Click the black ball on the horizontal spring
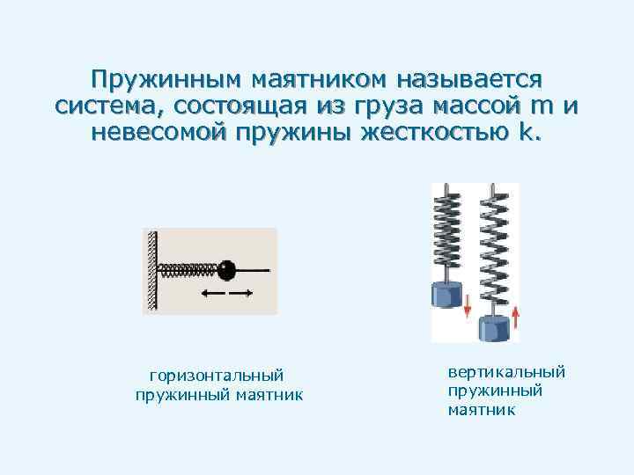[x=227, y=267]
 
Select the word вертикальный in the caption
[x=506, y=372]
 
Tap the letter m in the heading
[x=542, y=107]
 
